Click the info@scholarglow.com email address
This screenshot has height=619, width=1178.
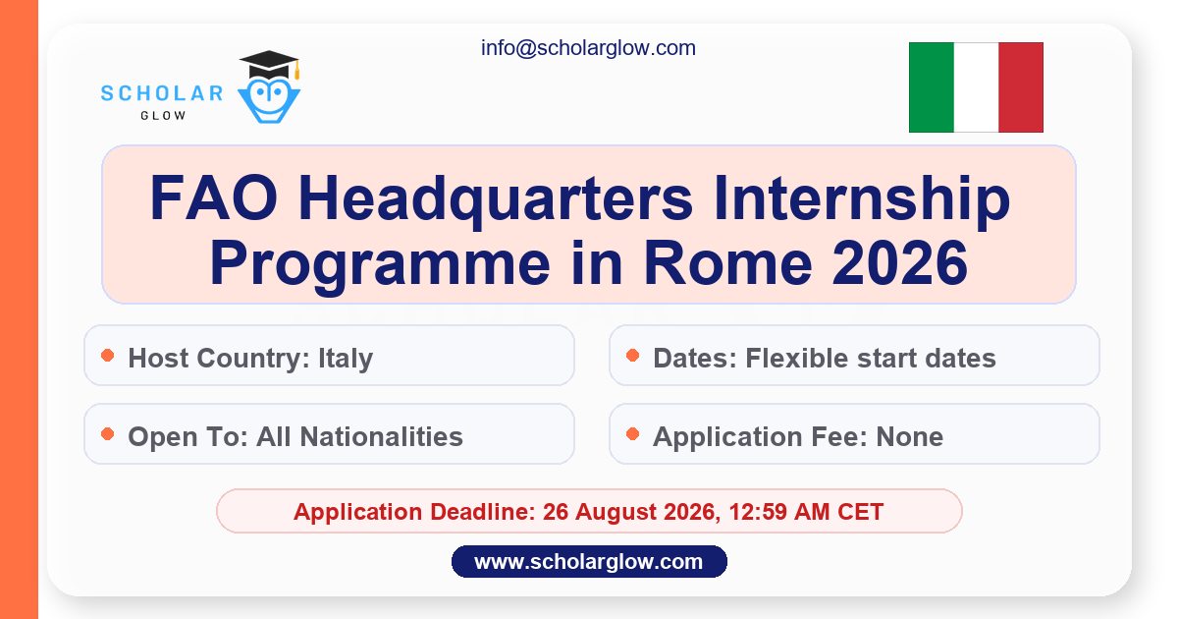click(x=588, y=48)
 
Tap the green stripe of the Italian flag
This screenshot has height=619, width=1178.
click(x=932, y=87)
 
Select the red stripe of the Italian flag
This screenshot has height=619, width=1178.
click(x=1021, y=87)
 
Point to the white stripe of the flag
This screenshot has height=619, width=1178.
click(x=976, y=87)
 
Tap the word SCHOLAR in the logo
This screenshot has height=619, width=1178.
click(x=162, y=93)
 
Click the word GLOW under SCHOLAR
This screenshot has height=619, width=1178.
click(x=163, y=116)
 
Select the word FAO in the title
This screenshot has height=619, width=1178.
click(x=214, y=198)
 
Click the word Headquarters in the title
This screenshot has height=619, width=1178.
click(x=496, y=200)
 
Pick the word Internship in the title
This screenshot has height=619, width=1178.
click(x=862, y=200)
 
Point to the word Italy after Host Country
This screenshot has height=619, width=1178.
click(x=346, y=359)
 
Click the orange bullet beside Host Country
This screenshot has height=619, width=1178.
click(x=108, y=356)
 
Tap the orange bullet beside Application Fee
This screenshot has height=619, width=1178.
click(x=632, y=434)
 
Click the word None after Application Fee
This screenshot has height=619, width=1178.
click(x=909, y=437)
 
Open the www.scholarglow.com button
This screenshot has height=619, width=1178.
click(x=589, y=562)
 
